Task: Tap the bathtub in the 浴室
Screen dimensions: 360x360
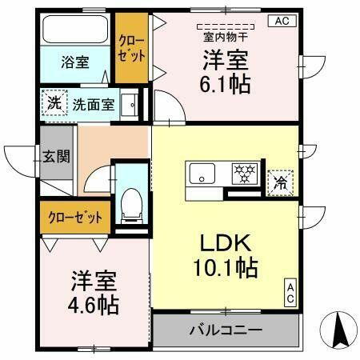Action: pyautogui.click(x=74, y=31)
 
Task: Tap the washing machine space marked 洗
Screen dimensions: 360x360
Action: pyautogui.click(x=53, y=103)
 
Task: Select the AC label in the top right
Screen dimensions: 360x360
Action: pyautogui.click(x=282, y=21)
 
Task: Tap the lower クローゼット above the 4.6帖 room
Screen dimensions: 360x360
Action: pyautogui.click(x=74, y=217)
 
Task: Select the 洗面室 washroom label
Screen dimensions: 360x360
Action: pyautogui.click(x=94, y=103)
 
